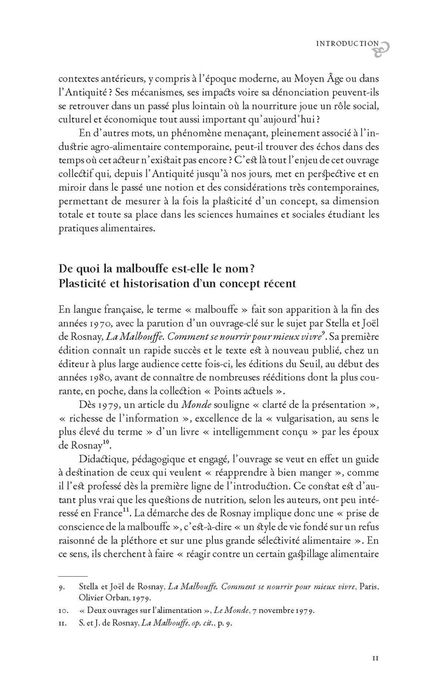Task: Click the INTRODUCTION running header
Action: click(347, 43)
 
